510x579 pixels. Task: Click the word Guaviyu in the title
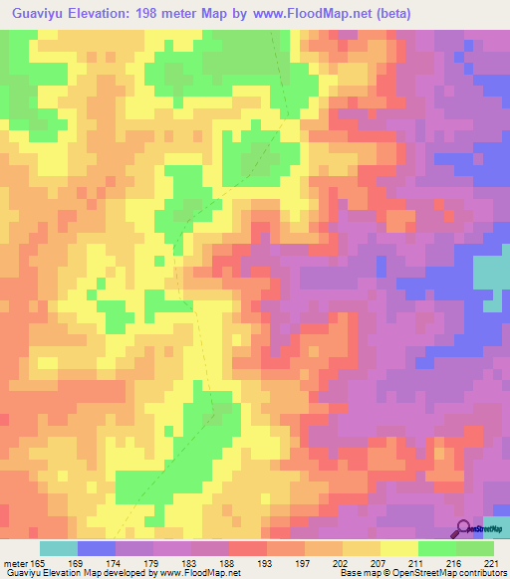coord(44,14)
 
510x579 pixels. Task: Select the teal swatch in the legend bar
coord(59,548)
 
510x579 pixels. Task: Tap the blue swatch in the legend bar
coord(97,548)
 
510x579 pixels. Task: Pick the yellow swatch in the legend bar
coord(399,548)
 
